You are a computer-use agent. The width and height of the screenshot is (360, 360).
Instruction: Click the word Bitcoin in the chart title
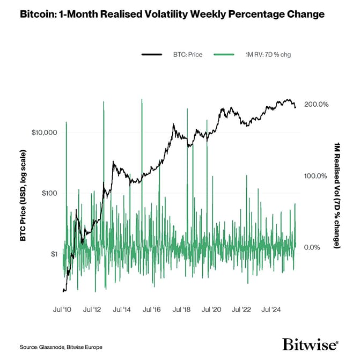point(38,14)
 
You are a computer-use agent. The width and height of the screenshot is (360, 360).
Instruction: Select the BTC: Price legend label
point(187,54)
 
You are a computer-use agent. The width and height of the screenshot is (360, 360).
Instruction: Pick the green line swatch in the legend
point(226,54)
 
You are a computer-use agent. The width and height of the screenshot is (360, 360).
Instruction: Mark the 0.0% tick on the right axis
point(313,247)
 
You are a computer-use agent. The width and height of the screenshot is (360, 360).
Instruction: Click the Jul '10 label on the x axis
point(63,310)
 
